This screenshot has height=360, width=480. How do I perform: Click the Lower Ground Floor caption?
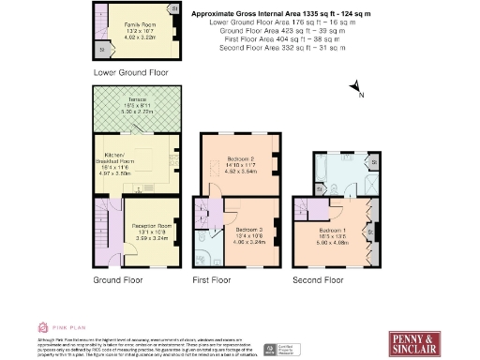131,72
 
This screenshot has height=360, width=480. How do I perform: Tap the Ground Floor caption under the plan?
118,279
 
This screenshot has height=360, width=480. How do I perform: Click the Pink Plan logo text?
63,327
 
